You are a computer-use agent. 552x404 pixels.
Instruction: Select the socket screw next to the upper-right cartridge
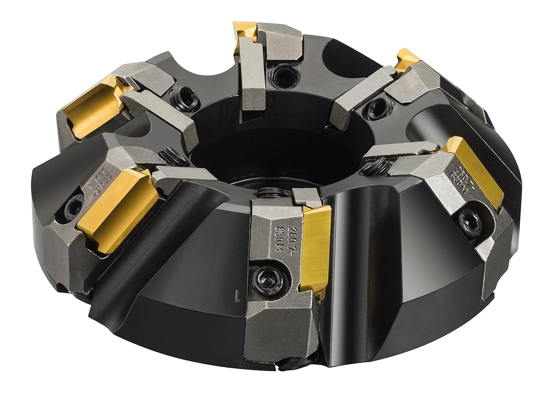tap(374, 104)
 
